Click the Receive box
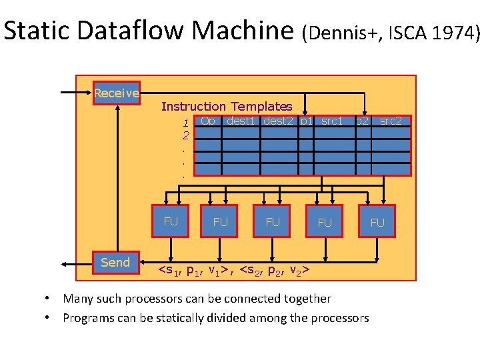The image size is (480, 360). tap(117, 93)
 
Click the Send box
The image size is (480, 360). tap(115, 262)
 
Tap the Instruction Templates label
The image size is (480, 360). tap(227, 107)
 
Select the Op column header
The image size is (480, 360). tap(208, 121)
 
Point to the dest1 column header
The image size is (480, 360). tap(241, 121)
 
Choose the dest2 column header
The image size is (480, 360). tap(279, 121)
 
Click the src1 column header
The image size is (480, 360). tap(331, 121)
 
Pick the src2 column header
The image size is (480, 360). tap(391, 121)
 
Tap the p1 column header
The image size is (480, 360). tap(306, 121)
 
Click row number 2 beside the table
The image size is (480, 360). tap(185, 135)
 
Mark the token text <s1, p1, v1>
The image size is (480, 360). tap(195, 270)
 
